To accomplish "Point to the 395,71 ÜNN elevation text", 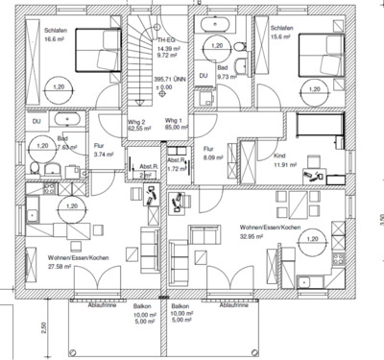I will [171, 82].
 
